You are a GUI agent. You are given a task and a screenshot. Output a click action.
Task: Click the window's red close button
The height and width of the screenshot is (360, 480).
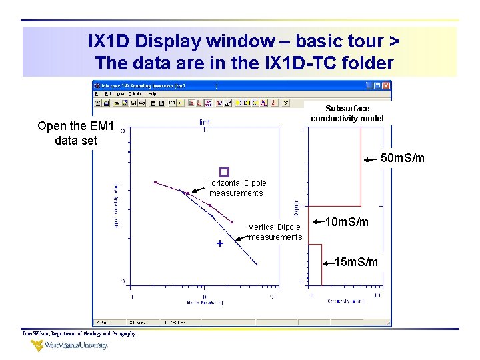coord(386,86)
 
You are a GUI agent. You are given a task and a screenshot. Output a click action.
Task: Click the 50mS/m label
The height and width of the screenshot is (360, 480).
coord(402,159)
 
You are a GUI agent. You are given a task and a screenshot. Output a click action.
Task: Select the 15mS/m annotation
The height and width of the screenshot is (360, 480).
coord(356,262)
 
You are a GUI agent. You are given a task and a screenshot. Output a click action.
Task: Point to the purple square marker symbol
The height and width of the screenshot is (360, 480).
coord(224,172)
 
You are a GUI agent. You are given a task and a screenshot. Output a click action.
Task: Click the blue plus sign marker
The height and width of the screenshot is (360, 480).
coord(220,244)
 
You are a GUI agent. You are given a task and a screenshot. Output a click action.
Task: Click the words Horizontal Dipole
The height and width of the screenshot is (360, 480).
coord(236,183)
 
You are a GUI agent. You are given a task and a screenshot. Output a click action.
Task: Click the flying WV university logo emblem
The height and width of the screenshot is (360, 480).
coord(37,346)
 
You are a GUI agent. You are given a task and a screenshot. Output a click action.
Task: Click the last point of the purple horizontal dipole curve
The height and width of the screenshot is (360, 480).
coord(232,222)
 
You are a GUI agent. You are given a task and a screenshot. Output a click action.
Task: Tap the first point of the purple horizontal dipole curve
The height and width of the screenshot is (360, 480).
coord(155,182)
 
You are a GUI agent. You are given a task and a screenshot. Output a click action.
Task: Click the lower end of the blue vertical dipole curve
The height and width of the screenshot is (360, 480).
coord(257,266)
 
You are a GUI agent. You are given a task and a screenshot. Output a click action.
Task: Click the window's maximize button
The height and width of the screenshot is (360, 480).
coord(377,86)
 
